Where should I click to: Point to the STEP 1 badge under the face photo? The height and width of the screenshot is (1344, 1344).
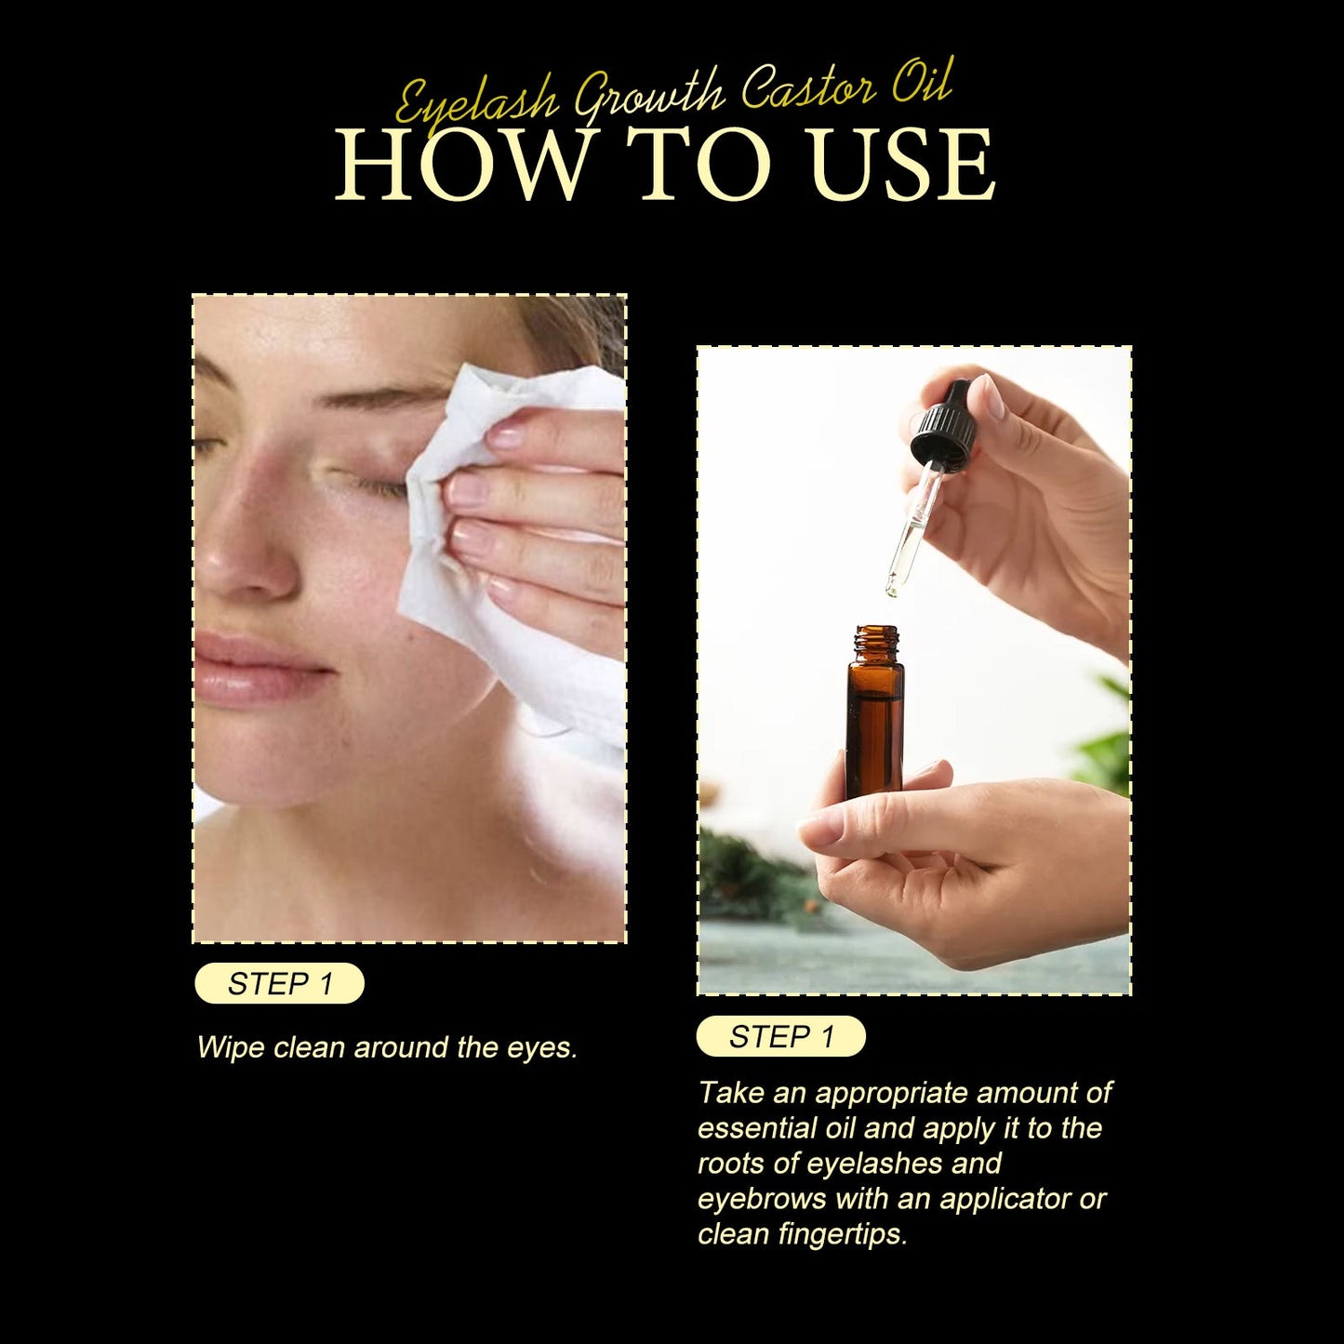[279, 983]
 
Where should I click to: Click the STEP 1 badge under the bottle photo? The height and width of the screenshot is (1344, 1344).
[780, 1036]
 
